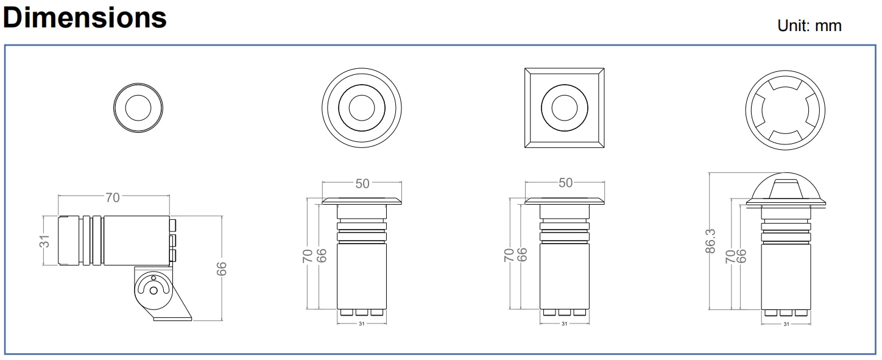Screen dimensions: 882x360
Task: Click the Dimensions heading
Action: [85, 18]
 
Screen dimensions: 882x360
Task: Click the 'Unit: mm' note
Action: [809, 26]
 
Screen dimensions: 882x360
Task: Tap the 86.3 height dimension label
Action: [710, 241]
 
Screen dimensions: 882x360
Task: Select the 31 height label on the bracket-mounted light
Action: [45, 241]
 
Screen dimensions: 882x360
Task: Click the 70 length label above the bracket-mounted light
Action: [113, 197]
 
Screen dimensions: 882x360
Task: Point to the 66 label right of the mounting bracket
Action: [222, 269]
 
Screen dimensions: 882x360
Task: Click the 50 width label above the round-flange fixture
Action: [362, 183]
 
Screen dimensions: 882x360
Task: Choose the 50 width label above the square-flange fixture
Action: [565, 183]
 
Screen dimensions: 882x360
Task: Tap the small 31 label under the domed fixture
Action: [786, 324]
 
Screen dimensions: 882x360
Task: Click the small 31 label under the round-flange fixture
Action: [361, 324]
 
